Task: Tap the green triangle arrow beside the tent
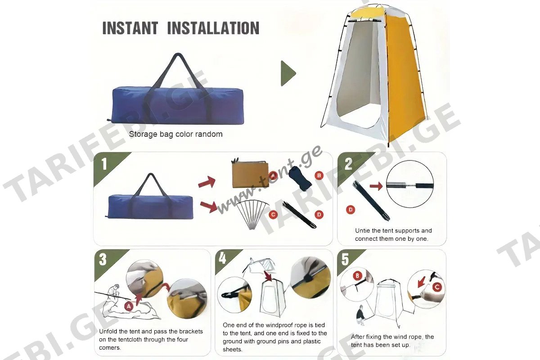click(x=288, y=73)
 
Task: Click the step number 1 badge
click(x=104, y=164)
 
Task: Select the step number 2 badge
click(x=348, y=164)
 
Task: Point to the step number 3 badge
click(x=103, y=260)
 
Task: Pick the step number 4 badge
click(x=222, y=258)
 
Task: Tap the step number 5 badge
click(x=345, y=259)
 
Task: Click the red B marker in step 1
click(x=319, y=175)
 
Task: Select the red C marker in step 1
click(x=273, y=214)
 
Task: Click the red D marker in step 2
click(x=351, y=210)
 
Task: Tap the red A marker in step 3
click(x=129, y=306)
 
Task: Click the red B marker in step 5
click(x=357, y=275)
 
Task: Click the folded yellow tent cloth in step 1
click(x=250, y=173)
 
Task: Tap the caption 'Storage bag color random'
click(x=176, y=134)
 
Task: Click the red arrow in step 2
click(x=376, y=186)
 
